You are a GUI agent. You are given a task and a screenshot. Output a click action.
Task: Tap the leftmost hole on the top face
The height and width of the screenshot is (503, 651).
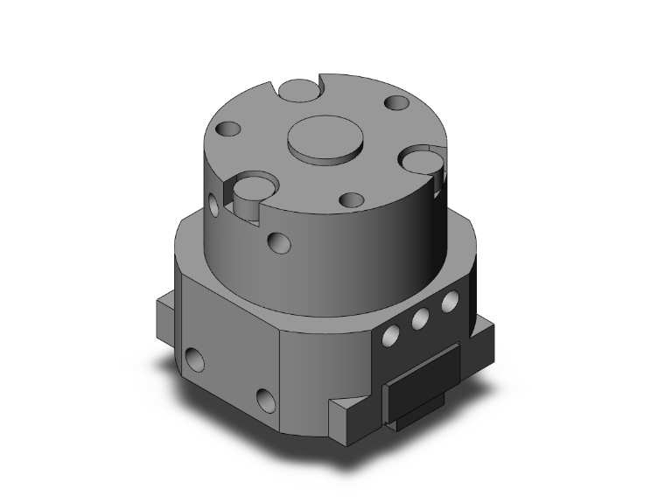229,130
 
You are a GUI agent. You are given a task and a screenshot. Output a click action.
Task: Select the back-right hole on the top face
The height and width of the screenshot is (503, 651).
395,104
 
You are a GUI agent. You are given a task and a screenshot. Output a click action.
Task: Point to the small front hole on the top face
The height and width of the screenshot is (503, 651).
352,199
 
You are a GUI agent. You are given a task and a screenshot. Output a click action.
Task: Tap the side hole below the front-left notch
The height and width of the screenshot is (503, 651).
279,241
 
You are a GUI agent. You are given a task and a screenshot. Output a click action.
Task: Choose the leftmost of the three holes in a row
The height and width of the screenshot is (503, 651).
391,332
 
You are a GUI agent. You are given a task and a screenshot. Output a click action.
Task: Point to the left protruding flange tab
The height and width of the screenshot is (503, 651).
166,315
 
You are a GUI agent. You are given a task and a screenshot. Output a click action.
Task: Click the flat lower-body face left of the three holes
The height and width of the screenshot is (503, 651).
324,367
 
